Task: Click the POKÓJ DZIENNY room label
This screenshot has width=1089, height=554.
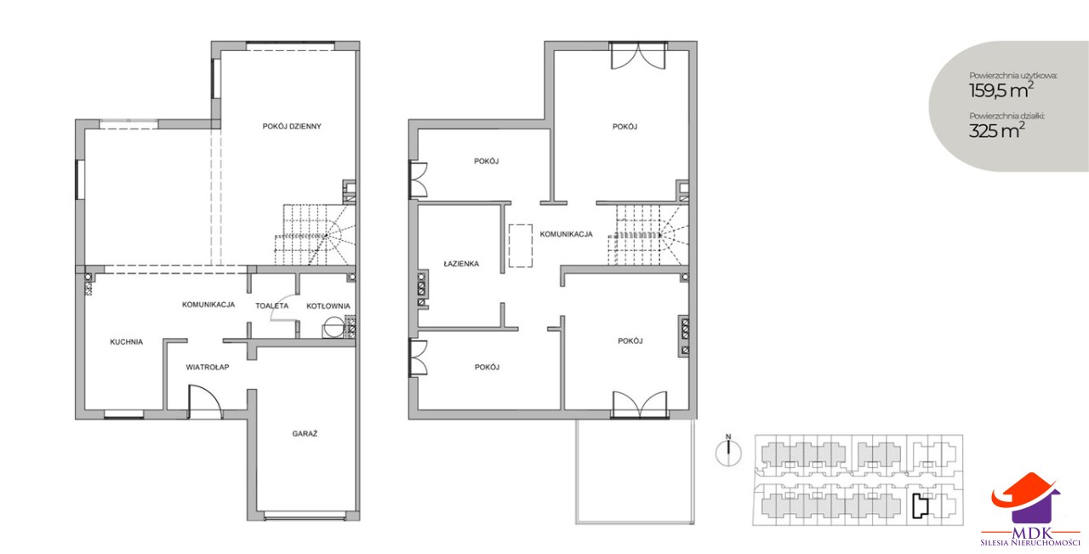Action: pos(292,127)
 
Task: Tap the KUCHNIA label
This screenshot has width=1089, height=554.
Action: pos(127,342)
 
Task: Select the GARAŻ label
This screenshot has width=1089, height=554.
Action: pos(305,433)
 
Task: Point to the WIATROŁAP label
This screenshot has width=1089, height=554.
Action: pos(208,368)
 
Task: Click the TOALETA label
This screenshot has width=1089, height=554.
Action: pos(272,306)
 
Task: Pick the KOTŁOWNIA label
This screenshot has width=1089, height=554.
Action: pos(328,306)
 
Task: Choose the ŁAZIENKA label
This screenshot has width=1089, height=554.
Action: pos(461,264)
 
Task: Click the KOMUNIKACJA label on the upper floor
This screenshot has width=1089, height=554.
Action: pos(567,234)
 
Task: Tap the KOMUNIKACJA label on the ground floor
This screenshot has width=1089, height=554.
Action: pos(208,305)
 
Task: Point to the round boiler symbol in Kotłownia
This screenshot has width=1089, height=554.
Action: pos(334,327)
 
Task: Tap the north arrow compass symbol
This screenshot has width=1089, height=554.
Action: pos(728,453)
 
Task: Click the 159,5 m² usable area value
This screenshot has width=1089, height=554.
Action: pos(1001,90)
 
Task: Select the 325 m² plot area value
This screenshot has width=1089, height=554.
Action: pos(997,130)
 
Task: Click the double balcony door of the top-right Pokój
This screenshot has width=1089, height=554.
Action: pos(638,56)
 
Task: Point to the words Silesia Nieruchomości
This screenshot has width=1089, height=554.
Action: pos(1030,542)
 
